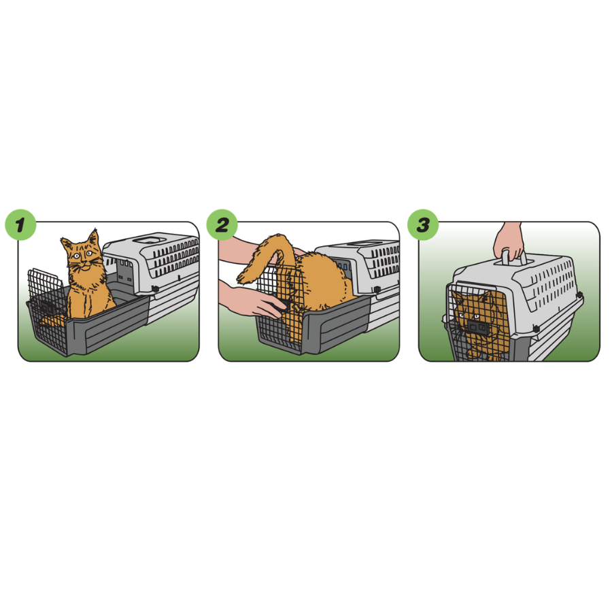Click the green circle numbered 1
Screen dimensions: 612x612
[20, 225]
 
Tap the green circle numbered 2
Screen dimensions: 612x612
[222, 225]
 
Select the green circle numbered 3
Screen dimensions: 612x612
[423, 225]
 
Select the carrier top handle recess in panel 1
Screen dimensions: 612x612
[145, 239]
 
